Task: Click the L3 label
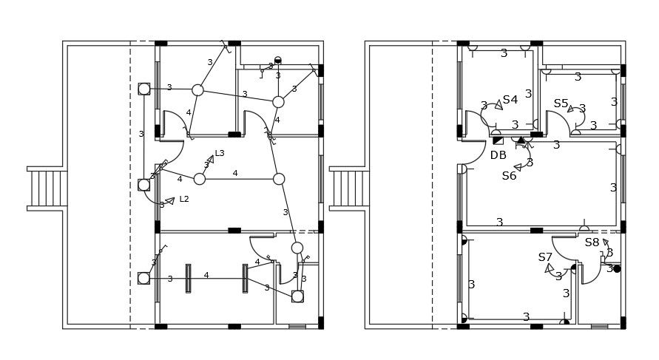point(220,154)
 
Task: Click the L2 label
point(184,199)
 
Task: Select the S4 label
point(510,100)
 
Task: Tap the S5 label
point(561,103)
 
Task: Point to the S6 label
point(509,176)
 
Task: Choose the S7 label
point(545,257)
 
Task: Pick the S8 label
point(592,242)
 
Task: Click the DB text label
point(499,155)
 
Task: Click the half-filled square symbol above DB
point(498,140)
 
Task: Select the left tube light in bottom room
point(188,279)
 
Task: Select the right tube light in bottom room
point(246,279)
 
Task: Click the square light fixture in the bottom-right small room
point(297,296)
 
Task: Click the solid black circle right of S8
point(617,268)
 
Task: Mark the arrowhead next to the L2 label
point(170,200)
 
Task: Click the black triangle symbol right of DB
point(521,140)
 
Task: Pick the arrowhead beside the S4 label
point(499,106)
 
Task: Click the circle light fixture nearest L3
point(200,179)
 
